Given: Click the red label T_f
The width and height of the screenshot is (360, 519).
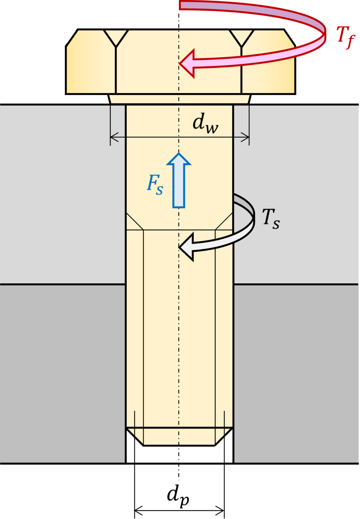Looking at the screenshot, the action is (x=345, y=37).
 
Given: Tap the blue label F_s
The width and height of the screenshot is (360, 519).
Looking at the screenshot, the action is (x=155, y=184).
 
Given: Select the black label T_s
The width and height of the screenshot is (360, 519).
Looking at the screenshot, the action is (x=271, y=218).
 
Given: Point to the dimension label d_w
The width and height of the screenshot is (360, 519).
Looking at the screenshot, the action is (x=205, y=123).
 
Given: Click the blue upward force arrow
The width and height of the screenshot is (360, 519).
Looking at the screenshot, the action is (x=179, y=180).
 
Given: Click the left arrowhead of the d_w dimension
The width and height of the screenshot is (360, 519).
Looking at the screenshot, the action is (x=115, y=137).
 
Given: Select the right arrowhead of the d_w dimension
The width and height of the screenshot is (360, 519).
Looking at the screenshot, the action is (x=245, y=137).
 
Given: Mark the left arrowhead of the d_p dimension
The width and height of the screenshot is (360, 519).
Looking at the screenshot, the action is (x=139, y=511).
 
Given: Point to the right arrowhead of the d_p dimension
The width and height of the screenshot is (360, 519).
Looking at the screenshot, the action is (x=220, y=511).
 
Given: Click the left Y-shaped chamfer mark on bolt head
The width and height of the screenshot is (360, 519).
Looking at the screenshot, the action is (x=116, y=39).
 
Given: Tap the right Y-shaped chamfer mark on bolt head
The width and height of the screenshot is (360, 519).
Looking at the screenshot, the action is (x=241, y=39).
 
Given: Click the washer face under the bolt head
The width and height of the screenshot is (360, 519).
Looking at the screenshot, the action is (x=179, y=99).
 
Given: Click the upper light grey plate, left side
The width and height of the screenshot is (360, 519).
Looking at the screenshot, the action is (x=62, y=194).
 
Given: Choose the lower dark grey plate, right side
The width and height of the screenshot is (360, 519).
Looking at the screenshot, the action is (x=296, y=374).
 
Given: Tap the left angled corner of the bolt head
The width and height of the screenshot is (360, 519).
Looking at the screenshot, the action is (x=72, y=38).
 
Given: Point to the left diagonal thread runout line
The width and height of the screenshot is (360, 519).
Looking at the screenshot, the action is (x=135, y=221).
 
